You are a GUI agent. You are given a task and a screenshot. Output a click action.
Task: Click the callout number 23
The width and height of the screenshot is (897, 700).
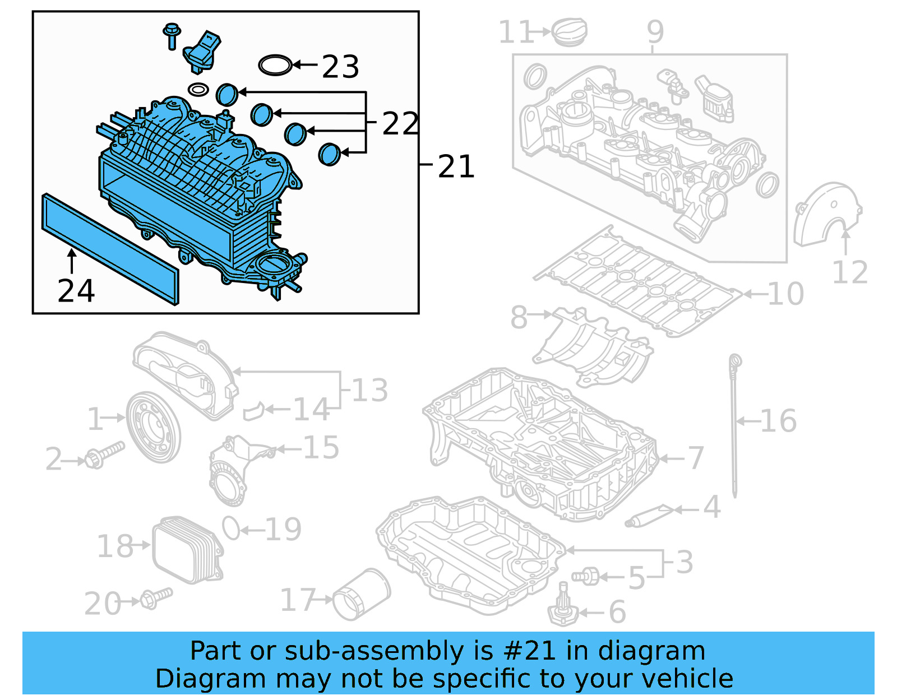340,67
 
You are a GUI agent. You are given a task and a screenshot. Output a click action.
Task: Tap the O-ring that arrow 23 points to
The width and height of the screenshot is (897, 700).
275,65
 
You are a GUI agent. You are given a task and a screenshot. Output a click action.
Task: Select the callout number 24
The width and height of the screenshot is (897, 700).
76,291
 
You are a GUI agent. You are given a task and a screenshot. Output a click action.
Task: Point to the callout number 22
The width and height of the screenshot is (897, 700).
400,124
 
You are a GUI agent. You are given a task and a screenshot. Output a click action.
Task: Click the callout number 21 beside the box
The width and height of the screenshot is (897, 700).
456,167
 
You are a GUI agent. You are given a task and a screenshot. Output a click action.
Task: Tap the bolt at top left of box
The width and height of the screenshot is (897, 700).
172,35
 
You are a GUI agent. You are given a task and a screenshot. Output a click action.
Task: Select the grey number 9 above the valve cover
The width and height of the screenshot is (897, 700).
655,31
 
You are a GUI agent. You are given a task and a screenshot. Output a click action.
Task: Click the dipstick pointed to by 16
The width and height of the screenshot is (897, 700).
734,426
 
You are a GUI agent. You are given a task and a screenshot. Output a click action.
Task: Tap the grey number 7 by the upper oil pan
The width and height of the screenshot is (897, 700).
695,458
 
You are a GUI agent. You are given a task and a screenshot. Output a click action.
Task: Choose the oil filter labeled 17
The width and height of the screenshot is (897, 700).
362,595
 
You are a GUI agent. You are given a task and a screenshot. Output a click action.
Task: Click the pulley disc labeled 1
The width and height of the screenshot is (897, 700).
153,427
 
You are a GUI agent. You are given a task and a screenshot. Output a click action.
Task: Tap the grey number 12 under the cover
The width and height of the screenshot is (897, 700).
850,273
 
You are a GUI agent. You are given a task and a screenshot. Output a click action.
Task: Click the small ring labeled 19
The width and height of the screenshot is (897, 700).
231,527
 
